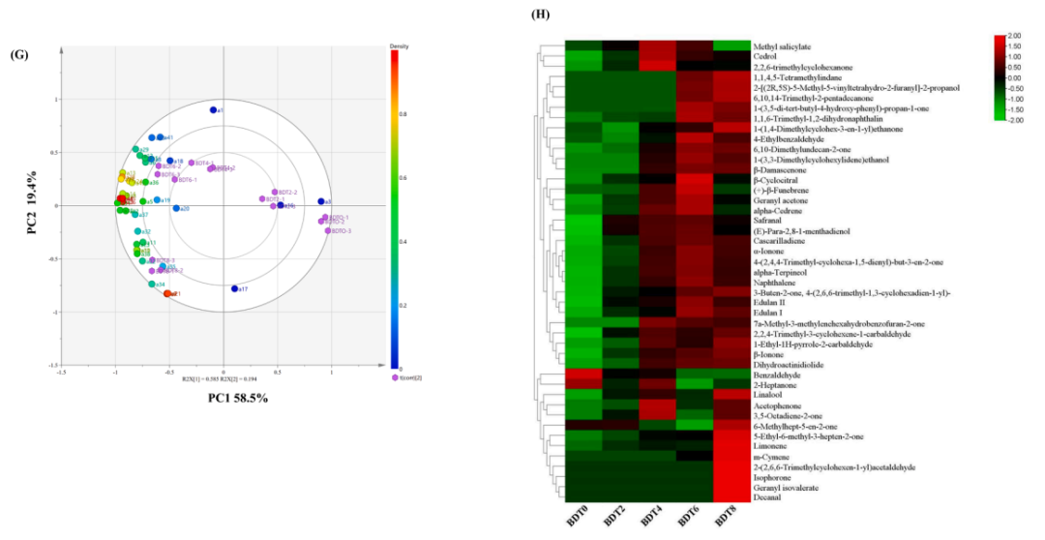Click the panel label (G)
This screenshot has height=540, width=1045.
pyautogui.click(x=17, y=55)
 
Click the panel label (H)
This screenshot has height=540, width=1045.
pyautogui.click(x=539, y=16)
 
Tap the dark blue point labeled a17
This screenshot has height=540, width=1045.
pyautogui.click(x=235, y=288)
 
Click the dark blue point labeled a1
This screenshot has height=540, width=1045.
pyautogui.click(x=214, y=110)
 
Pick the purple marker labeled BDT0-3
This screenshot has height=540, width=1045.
pyautogui.click(x=328, y=230)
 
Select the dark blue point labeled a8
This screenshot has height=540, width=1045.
pyautogui.click(x=320, y=201)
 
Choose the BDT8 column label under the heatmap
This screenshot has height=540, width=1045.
pyautogui.click(x=728, y=516)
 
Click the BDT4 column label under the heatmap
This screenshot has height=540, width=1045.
pyautogui.click(x=655, y=516)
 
